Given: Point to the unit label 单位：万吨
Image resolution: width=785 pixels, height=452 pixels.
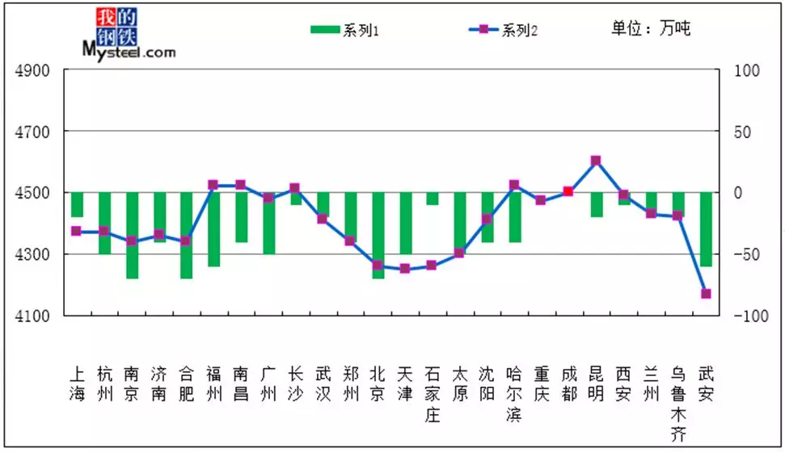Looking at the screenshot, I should pyautogui.click(x=651, y=28).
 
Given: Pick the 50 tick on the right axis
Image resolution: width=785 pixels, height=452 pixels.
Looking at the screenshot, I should pyautogui.click(x=745, y=132).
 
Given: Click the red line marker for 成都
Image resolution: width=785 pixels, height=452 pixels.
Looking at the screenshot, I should pyautogui.click(x=568, y=191).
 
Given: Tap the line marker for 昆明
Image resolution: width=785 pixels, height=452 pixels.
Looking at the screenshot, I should pyautogui.click(x=596, y=161).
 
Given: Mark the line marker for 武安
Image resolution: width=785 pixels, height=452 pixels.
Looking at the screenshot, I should pyautogui.click(x=706, y=294).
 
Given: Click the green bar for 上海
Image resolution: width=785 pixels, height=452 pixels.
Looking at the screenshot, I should pyautogui.click(x=77, y=205).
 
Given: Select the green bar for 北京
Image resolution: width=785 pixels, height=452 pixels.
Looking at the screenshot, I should pyautogui.click(x=378, y=235).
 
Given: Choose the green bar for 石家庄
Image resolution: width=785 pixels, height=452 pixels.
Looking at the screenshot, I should pyautogui.click(x=433, y=199).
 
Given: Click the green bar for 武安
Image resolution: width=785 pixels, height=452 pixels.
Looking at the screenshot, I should pyautogui.click(x=706, y=229).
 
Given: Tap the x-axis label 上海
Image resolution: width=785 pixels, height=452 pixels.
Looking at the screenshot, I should pyautogui.click(x=77, y=384).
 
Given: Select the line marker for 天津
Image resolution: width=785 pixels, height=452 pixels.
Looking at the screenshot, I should pyautogui.click(x=405, y=268).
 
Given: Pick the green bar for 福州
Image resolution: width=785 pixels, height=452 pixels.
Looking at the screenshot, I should pyautogui.click(x=213, y=229).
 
